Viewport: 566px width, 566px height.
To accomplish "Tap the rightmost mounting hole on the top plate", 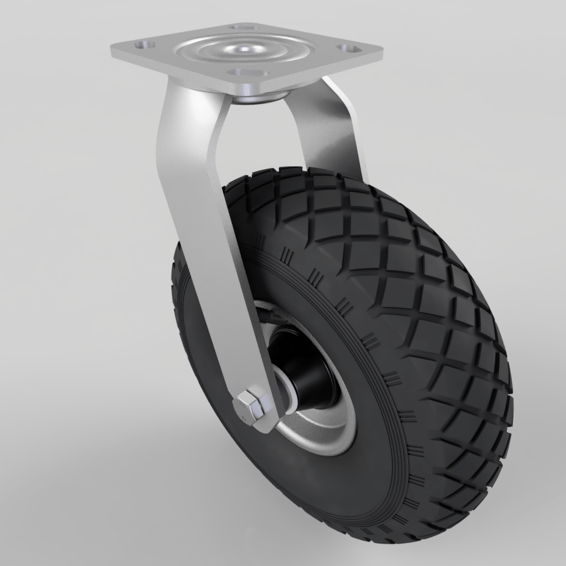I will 344,49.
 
